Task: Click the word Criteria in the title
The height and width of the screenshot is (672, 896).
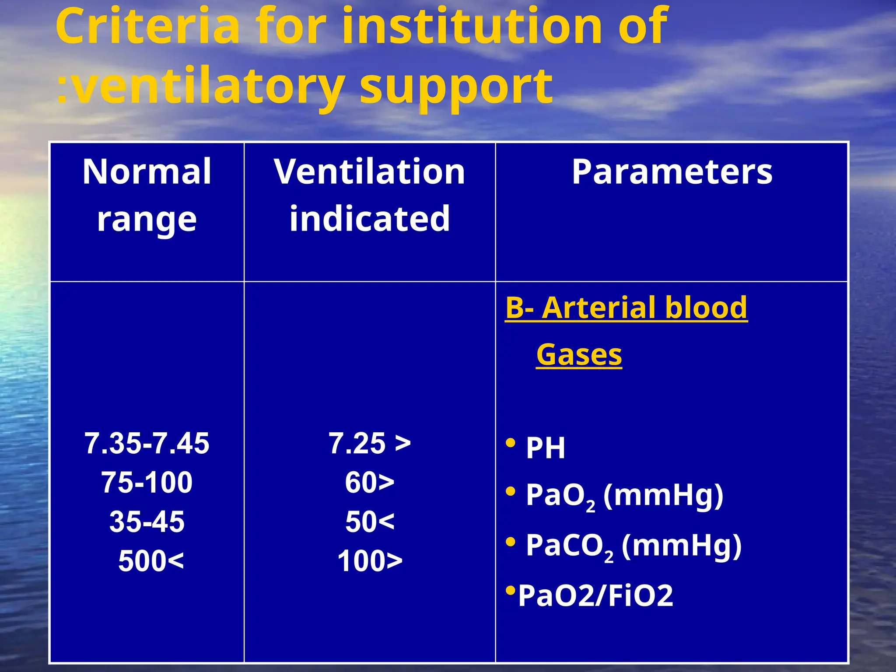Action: (x=147, y=27)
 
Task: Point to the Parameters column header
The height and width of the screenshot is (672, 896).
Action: (x=672, y=172)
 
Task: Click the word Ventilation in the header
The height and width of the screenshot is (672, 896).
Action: (x=370, y=172)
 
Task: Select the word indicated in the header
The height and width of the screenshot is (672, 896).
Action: (x=370, y=219)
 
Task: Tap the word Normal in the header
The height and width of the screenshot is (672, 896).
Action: (x=147, y=172)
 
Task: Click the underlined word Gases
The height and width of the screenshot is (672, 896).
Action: (x=579, y=355)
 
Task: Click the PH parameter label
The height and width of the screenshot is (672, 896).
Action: (x=545, y=448)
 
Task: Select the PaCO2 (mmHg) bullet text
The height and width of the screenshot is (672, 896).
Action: (x=633, y=546)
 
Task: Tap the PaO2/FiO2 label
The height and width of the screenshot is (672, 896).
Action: (x=595, y=596)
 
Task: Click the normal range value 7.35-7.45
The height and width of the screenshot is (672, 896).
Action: (x=147, y=444)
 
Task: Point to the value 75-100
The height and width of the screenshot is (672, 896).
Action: (x=147, y=483)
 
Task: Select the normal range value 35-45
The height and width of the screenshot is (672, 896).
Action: (x=147, y=522)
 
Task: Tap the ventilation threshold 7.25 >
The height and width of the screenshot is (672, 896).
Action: (x=370, y=444)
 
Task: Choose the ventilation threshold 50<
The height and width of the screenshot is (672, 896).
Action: (x=370, y=522)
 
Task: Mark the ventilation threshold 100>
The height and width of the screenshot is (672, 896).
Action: (x=370, y=561)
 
